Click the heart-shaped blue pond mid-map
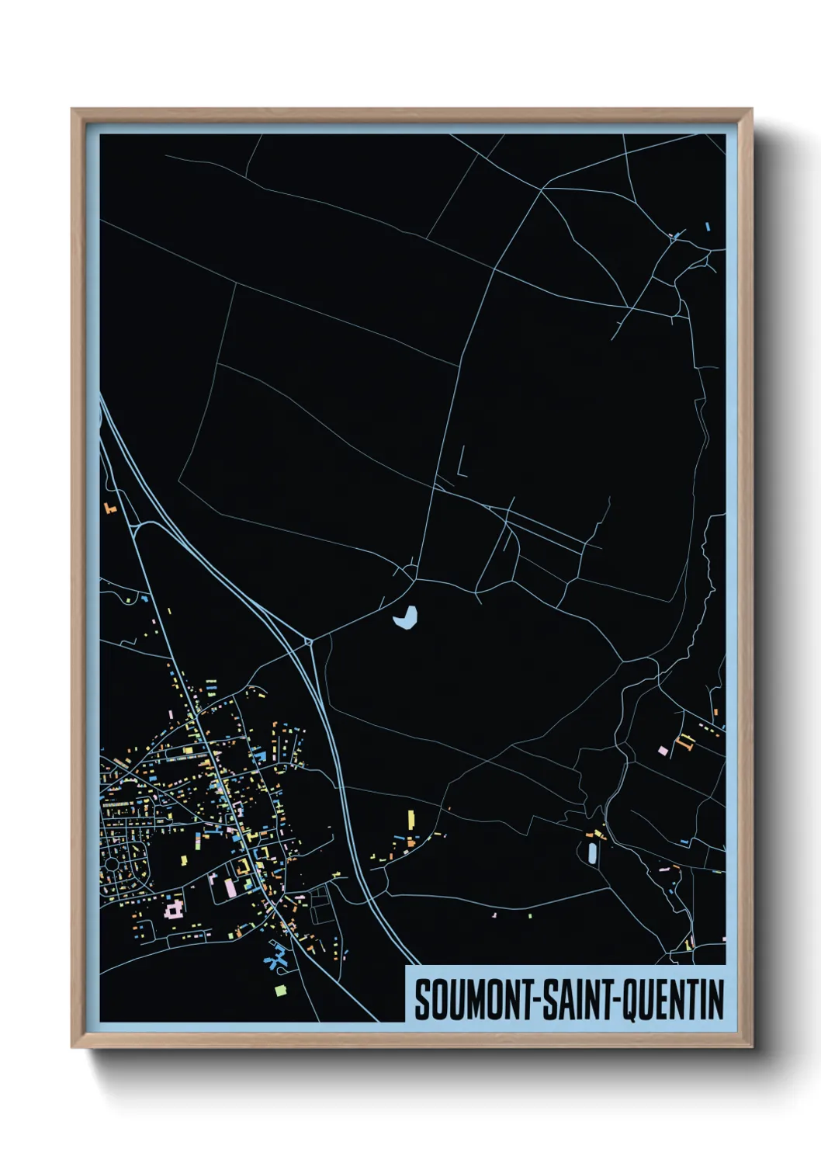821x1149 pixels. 406,618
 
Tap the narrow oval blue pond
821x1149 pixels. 593,853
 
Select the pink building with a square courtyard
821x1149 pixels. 174,907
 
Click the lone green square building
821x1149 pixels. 281,990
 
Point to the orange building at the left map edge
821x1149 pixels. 108,509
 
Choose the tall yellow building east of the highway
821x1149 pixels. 411,818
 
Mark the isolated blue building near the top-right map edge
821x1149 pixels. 708,227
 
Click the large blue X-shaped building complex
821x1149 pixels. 276,958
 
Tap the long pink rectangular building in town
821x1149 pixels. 230,887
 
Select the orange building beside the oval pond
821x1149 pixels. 598,835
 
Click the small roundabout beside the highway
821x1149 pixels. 309,642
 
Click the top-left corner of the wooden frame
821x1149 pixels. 72,109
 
